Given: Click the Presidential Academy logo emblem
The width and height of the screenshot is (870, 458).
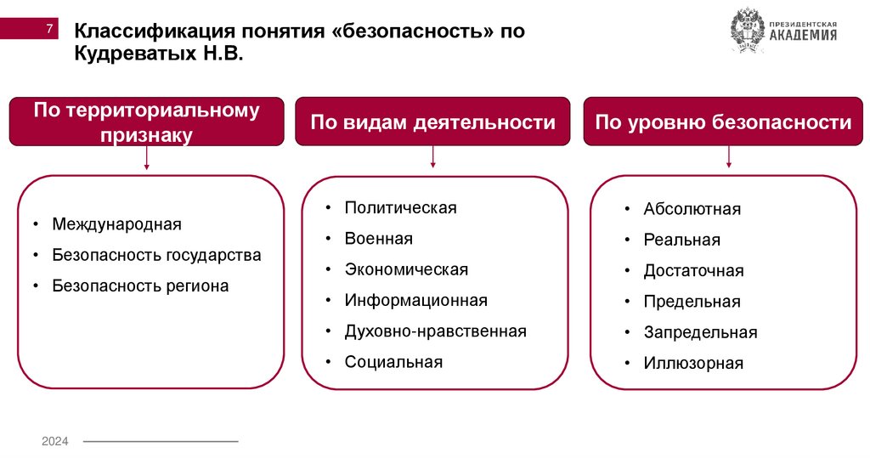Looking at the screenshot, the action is tap(748, 31).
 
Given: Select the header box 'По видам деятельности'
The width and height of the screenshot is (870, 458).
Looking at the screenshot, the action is tap(433, 122).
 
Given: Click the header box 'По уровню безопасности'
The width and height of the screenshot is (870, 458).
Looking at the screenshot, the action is tap(723, 122).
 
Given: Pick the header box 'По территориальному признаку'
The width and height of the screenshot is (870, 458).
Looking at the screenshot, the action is tap(146, 122).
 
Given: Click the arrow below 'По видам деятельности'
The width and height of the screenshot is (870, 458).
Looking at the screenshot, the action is tap(433, 155).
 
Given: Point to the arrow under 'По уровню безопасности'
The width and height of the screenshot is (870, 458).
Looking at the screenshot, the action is tap(728, 156).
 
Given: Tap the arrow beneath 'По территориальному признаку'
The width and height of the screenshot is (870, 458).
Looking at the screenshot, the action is tap(147, 158).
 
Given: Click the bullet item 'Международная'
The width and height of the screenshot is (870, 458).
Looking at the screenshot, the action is tap(116, 224).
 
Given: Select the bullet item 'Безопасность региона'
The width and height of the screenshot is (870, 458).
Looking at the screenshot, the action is tap(140, 286).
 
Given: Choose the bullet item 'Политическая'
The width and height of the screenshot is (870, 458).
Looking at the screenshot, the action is tap(400, 208).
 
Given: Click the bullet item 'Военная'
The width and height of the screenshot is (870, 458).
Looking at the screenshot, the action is tap(378, 239).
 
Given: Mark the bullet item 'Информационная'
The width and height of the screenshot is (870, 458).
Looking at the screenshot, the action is tap(415, 300).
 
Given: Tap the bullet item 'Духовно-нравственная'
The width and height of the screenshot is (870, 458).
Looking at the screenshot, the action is tap(435, 331).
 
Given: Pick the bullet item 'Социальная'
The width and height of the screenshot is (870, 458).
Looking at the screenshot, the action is tap(393, 362).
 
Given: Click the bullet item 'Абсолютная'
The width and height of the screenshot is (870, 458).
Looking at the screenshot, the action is tap(692, 209).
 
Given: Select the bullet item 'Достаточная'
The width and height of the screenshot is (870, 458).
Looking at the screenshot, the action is tap(693, 271).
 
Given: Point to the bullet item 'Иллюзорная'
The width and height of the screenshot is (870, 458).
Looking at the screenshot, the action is tap(693, 364).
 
